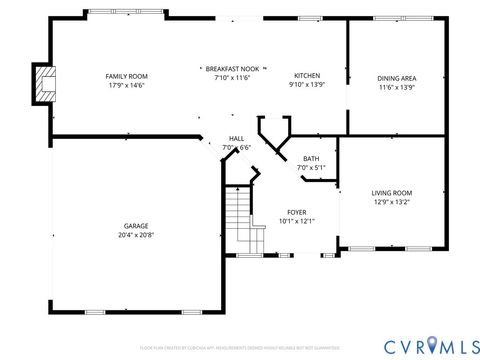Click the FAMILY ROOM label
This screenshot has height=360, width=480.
pos(127,76)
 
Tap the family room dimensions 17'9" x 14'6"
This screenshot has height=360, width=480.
pos(127,86)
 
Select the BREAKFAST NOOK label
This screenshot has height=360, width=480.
pos(232,68)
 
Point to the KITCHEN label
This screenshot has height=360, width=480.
pos(305,76)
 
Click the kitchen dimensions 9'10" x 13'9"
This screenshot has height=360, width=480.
pos(305,86)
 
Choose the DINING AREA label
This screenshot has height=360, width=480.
pos(397,78)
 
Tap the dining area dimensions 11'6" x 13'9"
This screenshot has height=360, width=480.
pos(397,88)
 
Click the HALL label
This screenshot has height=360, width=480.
pos(236,139)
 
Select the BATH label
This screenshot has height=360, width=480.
pos(311,158)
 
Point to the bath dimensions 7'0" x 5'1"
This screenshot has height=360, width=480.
pos(311,168)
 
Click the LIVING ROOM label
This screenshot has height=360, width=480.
pos(392,193)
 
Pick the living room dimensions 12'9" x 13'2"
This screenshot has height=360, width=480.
pos(392,203)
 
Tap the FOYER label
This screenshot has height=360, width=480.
pos(297,212)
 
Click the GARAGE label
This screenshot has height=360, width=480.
pos(137,226)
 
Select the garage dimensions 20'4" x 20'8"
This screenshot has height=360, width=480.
pos(137,236)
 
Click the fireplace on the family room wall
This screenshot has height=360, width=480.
pos(42,85)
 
